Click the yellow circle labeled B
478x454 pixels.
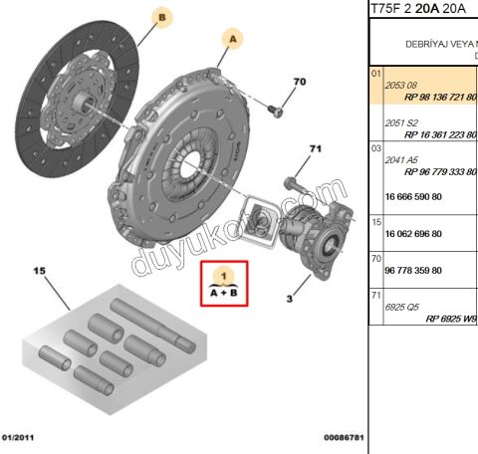(162, 16)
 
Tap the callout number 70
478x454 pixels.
(300, 82)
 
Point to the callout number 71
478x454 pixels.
(316, 149)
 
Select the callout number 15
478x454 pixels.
(41, 271)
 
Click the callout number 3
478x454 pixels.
(288, 297)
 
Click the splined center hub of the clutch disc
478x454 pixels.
(80, 100)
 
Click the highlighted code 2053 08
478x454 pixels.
(401, 87)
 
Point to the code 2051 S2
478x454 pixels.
(401, 122)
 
